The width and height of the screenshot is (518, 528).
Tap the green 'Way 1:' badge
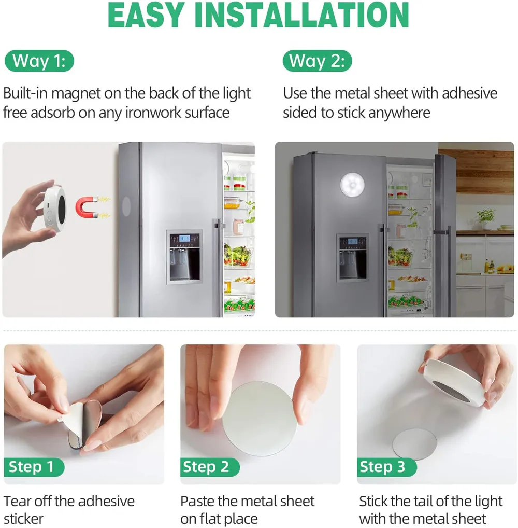39,61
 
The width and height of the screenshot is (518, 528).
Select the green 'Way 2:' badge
317,61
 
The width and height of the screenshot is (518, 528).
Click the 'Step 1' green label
34,467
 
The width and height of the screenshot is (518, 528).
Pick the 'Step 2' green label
210,467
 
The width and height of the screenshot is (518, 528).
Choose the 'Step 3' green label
386,467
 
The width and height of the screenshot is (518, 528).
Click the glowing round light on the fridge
353,185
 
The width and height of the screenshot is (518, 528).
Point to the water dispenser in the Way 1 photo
184,257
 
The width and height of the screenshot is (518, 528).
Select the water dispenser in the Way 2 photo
353,258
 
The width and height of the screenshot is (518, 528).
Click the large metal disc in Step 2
260,419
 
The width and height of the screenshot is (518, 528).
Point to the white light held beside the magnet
54,208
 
